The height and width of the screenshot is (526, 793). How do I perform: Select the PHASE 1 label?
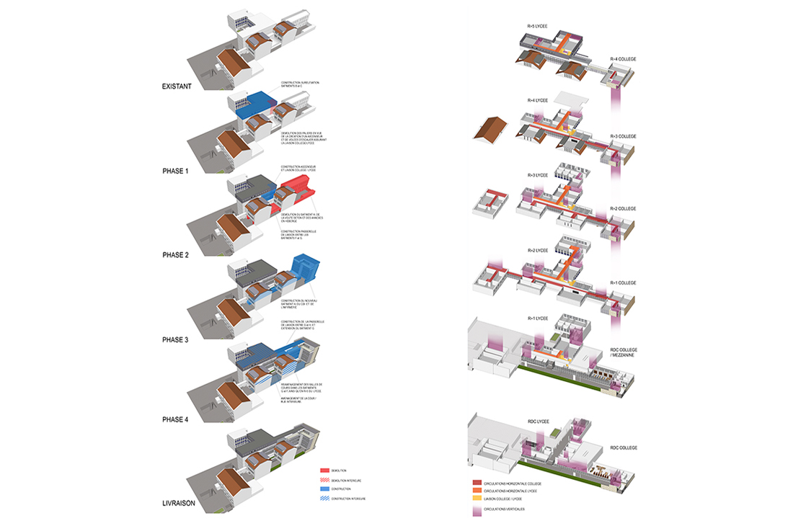coord(177,171)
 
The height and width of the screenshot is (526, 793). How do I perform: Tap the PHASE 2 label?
coord(177,255)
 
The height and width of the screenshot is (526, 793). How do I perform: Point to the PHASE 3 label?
coord(177,339)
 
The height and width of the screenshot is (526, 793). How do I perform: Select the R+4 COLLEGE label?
coord(623,58)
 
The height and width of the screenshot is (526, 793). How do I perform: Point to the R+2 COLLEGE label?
coord(623,208)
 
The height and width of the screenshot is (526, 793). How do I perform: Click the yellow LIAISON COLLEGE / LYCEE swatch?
coord(477,499)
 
